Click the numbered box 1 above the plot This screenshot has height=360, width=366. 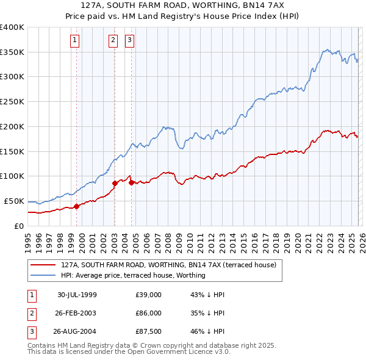(75, 41)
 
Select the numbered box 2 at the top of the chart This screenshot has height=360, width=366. (113, 41)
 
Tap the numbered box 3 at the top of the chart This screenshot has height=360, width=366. (130, 41)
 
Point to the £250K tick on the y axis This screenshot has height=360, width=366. (12, 101)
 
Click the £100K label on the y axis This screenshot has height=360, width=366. (12, 176)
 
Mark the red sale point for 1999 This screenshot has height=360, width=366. (77, 206)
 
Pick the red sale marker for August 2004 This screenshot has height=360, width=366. (131, 182)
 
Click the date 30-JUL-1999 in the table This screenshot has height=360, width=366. (77, 295)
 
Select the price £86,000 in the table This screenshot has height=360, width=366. (149, 312)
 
